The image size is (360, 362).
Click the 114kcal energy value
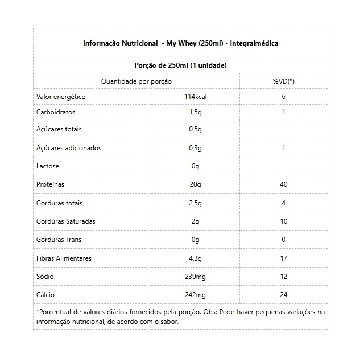pos(195,97)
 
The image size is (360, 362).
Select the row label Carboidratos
pos(56,112)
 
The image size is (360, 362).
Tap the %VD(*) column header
pos(284,81)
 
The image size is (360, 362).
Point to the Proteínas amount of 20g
pos(196,184)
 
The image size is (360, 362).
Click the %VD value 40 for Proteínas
pos(284,184)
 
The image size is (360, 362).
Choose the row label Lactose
pos(48,166)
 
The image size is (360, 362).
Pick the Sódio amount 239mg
pos(196,276)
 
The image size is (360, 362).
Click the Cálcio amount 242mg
pos(196,294)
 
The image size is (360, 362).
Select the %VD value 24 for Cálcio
pos(284,294)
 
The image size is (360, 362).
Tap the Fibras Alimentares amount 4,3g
pos(196,258)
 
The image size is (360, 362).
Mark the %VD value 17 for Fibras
pos(284,258)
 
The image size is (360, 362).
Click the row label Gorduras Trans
pos(59,240)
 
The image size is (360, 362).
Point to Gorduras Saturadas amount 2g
pos(196,221)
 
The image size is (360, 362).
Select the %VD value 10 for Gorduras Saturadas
pos(284,221)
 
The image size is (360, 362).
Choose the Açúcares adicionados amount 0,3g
pos(196,148)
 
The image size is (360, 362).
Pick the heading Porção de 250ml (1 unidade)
pos(180,65)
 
